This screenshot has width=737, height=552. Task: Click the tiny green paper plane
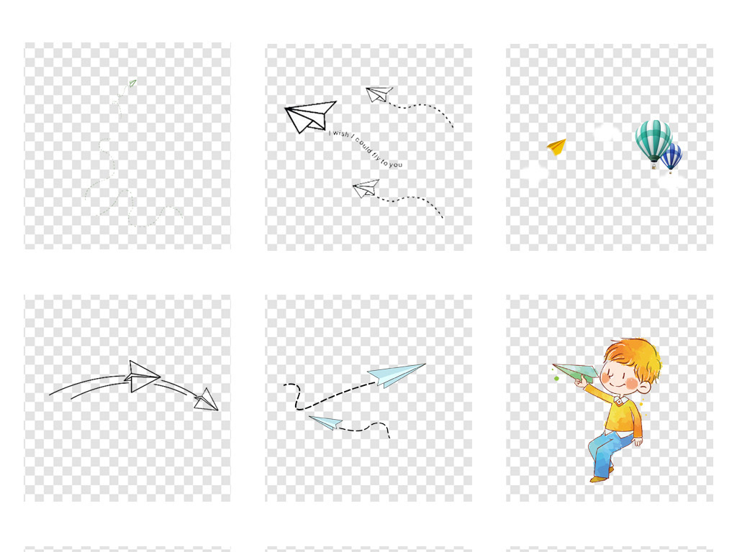point(132,83)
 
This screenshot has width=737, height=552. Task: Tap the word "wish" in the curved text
point(340,134)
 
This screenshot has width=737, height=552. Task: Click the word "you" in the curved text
point(396,165)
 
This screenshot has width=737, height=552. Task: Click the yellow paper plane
point(557,147)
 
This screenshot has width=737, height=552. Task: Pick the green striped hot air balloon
point(654,140)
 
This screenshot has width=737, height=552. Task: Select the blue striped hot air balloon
point(672,157)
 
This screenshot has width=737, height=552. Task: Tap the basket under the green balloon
point(654,166)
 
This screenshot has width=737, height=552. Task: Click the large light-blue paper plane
point(397,374)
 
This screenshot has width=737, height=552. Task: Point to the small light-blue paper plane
point(326,422)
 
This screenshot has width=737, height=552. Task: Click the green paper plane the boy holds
point(575,372)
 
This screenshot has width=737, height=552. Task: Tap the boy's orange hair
point(633,355)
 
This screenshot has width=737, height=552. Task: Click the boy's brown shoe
point(600,478)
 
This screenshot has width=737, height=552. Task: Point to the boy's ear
point(645,387)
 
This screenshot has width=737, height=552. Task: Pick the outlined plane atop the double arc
point(142,376)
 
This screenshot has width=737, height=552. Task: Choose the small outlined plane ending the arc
point(207,400)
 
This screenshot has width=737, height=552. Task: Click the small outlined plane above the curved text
point(379,94)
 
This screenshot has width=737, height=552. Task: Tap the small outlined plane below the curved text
point(366,189)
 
